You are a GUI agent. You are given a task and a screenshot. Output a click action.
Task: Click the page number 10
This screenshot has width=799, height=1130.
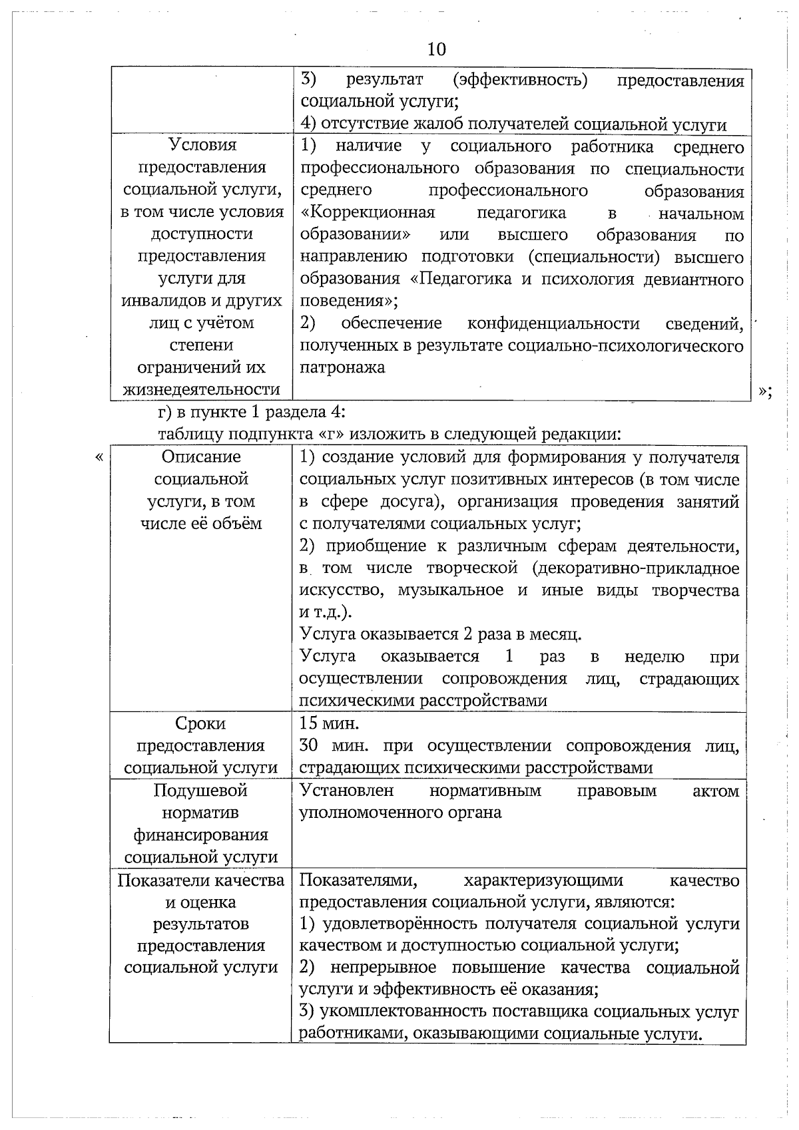(437, 49)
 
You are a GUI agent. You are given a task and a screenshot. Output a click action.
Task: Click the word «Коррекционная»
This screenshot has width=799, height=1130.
(368, 213)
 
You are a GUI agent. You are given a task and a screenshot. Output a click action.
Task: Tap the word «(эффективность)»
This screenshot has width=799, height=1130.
(520, 81)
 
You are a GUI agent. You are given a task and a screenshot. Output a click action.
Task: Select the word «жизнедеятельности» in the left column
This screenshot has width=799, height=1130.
(201, 389)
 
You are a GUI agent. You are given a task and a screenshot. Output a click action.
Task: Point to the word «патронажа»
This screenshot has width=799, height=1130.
(342, 367)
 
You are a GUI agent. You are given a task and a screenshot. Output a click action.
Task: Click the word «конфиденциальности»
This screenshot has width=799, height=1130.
(553, 323)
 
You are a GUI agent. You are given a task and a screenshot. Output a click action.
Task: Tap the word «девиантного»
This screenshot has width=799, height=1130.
(693, 280)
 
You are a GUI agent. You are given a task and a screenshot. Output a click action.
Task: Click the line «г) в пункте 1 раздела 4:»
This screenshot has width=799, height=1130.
(252, 412)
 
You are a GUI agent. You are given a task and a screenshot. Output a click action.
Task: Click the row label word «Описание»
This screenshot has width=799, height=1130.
(201, 457)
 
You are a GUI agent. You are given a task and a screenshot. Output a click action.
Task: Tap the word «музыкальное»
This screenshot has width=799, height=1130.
(450, 590)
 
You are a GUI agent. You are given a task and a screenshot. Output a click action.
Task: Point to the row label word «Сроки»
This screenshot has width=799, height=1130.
(200, 723)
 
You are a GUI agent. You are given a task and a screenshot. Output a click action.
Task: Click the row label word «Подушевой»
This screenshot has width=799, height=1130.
(200, 791)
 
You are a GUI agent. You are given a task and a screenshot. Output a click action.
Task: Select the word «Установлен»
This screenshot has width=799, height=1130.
(347, 791)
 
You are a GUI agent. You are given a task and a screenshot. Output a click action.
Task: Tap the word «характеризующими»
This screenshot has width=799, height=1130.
(543, 880)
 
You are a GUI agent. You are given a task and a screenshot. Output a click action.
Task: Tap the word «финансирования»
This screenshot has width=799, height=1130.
(201, 835)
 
